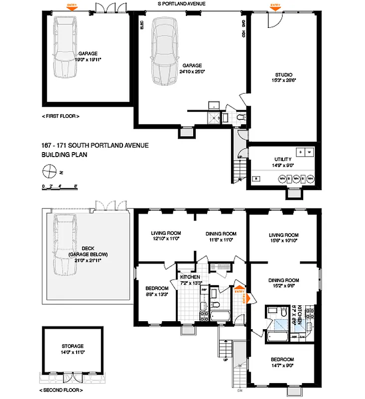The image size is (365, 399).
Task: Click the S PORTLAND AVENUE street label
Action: point(181,3)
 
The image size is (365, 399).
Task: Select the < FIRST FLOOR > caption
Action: point(61,116)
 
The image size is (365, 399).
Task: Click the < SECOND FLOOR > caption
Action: point(61,390)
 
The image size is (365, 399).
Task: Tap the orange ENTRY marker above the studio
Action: point(275,6)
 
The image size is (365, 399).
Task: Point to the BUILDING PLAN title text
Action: point(61,155)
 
